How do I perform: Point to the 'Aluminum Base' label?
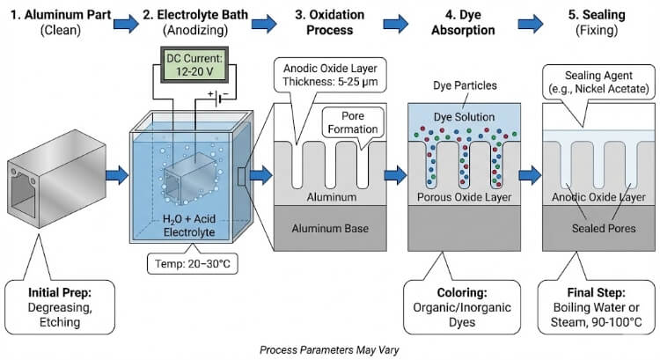[x=329, y=230]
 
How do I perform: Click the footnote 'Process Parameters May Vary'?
[x=329, y=349]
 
